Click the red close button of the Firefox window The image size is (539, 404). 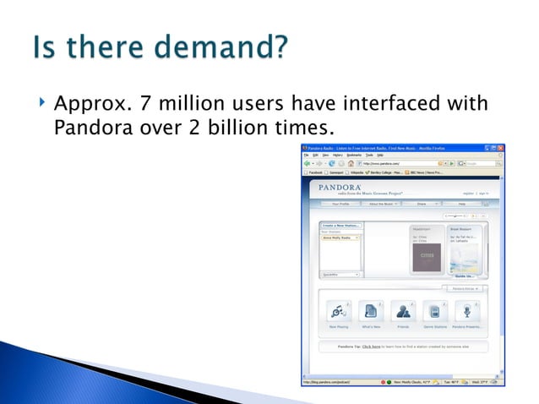tap(500, 147)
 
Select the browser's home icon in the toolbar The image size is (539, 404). tap(346, 163)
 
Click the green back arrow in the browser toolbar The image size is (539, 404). tap(309, 163)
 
